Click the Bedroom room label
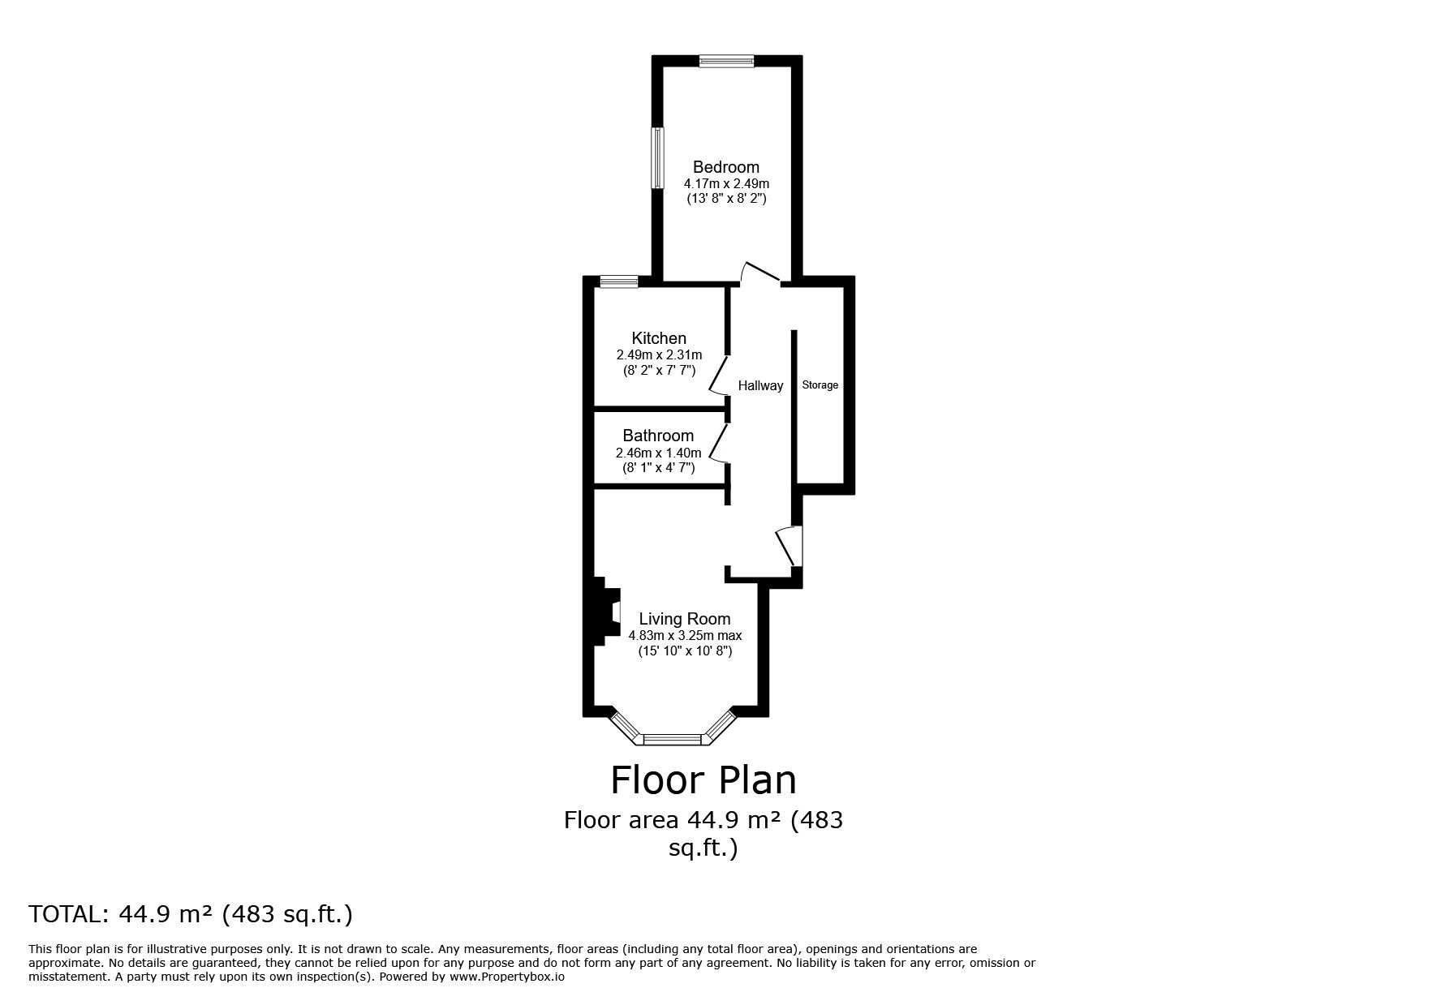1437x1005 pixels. click(x=725, y=167)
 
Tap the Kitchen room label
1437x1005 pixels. click(x=659, y=338)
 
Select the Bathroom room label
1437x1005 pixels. click(x=658, y=436)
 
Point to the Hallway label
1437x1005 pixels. click(x=760, y=386)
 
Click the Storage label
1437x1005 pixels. click(x=820, y=385)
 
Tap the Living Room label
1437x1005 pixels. click(x=684, y=619)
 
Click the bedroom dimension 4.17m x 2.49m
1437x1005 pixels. click(x=725, y=184)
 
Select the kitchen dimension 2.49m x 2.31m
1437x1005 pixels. click(x=659, y=355)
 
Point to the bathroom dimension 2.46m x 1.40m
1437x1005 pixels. click(x=658, y=453)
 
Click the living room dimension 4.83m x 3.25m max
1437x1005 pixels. click(x=684, y=636)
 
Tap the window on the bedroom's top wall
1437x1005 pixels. click(x=727, y=60)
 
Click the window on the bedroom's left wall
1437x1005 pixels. click(x=659, y=157)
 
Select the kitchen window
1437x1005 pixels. click(x=619, y=281)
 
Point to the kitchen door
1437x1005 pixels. click(x=718, y=374)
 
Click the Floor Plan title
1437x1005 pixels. click(x=703, y=780)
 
